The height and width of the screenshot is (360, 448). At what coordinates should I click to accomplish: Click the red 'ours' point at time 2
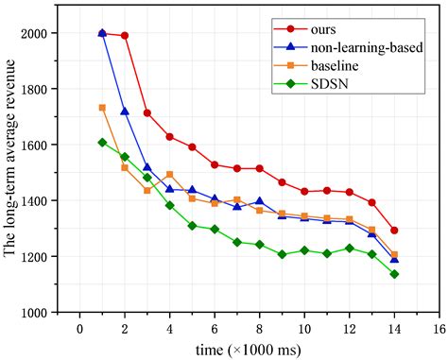[x=125, y=35]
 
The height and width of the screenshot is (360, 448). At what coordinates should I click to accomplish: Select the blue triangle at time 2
[x=125, y=111]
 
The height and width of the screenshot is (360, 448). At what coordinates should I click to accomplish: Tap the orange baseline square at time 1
[x=102, y=108]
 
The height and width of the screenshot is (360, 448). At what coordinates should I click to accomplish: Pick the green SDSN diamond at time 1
[x=102, y=143]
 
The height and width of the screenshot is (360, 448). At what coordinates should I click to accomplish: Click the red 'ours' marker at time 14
[x=394, y=231]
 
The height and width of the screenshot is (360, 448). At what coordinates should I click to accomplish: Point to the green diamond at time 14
[x=394, y=274]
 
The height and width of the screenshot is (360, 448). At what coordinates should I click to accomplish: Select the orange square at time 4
[x=169, y=174]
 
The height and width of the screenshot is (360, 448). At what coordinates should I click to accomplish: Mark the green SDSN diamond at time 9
[x=282, y=254]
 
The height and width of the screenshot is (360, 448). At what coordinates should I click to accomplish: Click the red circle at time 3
[x=147, y=113]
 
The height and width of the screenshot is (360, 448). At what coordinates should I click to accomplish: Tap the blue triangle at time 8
[x=259, y=201]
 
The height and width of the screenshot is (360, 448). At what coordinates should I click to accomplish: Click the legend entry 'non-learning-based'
[x=367, y=47]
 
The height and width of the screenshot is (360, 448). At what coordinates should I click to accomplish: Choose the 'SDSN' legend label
[x=330, y=84]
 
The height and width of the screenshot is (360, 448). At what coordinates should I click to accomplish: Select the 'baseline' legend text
[x=335, y=66]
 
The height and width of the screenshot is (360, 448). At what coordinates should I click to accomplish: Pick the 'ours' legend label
[x=323, y=30]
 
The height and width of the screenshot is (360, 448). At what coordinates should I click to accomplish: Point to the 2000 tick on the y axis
[x=34, y=33]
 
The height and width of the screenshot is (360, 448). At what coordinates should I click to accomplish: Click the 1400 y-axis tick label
[x=34, y=200]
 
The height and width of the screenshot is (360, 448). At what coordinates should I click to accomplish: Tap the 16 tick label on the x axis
[x=439, y=329]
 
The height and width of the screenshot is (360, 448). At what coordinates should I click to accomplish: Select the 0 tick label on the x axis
[x=80, y=329]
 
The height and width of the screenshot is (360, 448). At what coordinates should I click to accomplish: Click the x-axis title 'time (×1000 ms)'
[x=249, y=350]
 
